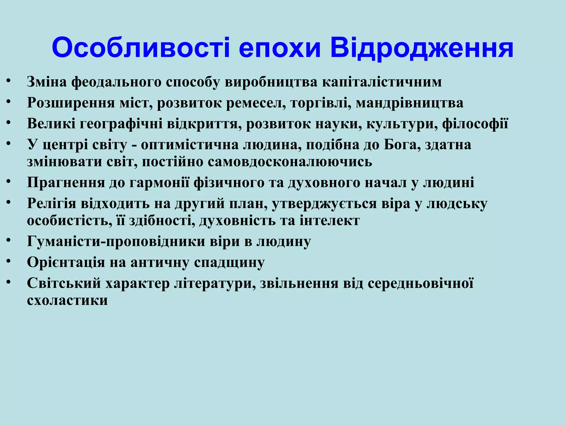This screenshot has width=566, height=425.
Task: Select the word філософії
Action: pos(475,124)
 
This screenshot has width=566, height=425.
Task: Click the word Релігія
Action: pos(51,204)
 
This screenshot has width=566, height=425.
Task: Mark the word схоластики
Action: pos(67,300)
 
